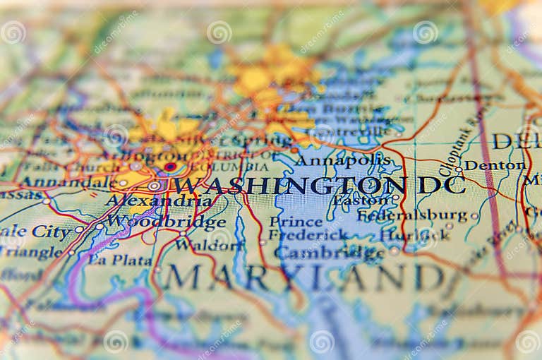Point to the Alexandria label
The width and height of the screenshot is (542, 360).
point(158,200)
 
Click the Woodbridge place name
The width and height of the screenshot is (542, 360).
point(156,221)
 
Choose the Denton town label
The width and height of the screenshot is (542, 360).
point(495,165)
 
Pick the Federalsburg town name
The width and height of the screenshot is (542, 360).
point(413,215)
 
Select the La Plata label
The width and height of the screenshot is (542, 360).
point(119,260)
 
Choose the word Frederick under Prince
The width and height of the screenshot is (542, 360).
point(308,235)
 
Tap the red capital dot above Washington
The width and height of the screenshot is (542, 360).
point(170,167)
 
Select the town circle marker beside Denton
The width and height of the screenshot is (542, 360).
point(459,169)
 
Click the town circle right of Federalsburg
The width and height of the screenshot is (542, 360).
point(474,216)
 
